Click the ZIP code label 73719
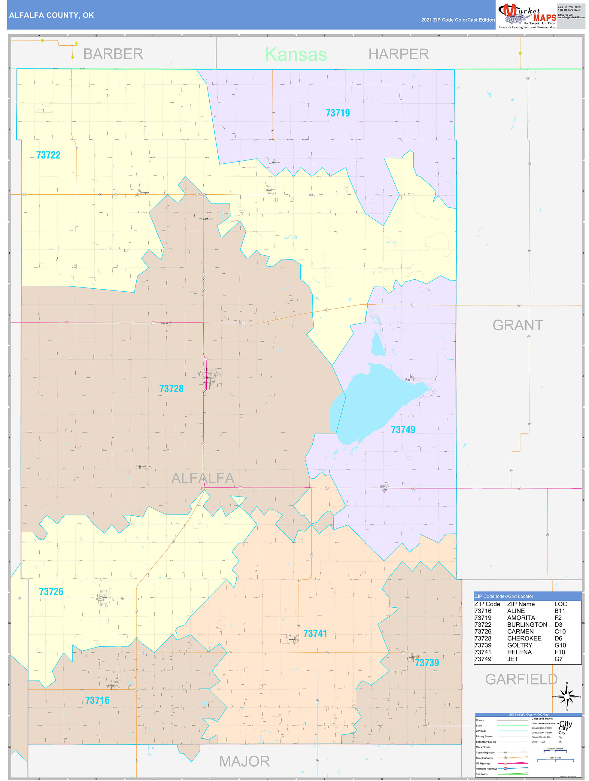click(x=338, y=113)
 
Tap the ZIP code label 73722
click(x=48, y=155)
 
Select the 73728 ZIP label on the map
click(x=171, y=389)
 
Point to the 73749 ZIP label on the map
click(x=403, y=430)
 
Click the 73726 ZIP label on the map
click(x=51, y=592)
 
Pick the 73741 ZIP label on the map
click(x=315, y=634)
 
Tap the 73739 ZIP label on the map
click(x=427, y=663)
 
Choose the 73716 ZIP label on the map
click(x=97, y=701)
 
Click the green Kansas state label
click(x=296, y=54)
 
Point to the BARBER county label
click(x=113, y=54)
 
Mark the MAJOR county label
click(x=244, y=761)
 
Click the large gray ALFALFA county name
click(x=203, y=479)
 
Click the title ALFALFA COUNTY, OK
click(x=52, y=15)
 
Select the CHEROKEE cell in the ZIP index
click(x=524, y=638)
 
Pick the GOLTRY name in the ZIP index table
click(x=519, y=645)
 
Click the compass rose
click(x=567, y=697)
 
